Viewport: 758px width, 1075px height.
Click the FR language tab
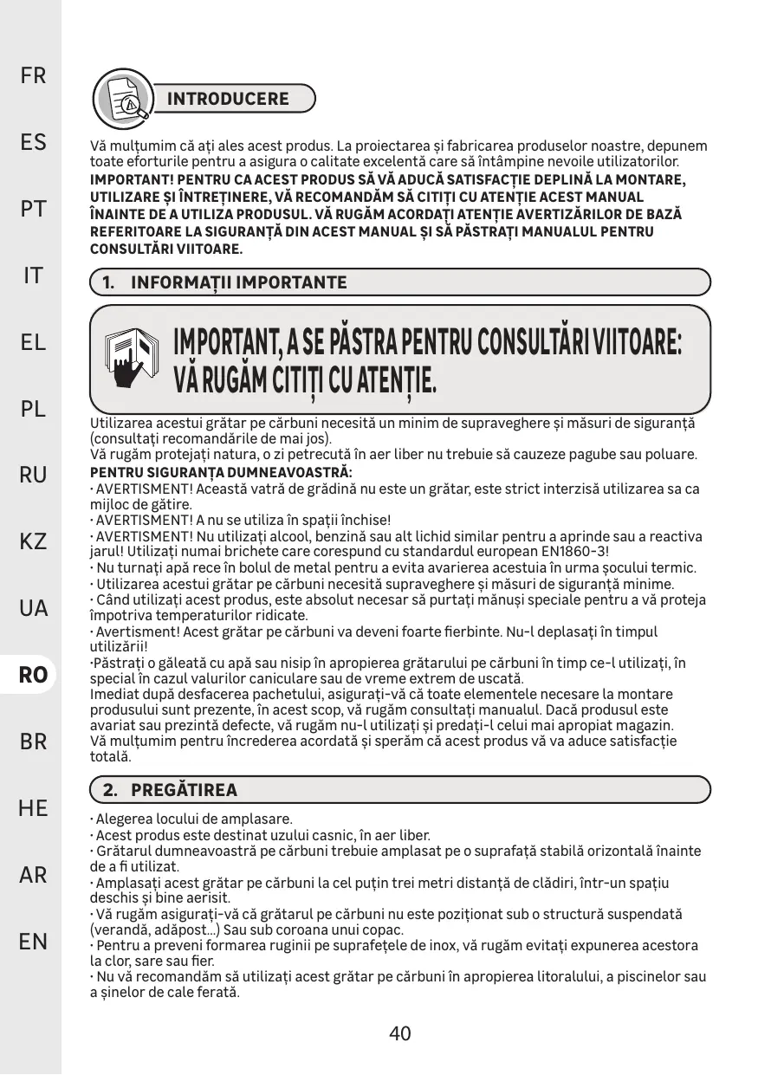(33, 75)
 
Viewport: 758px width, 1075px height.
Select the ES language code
(33, 142)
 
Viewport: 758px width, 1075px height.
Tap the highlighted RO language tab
(33, 675)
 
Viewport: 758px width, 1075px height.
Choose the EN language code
(33, 941)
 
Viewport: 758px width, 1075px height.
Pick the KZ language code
(33, 542)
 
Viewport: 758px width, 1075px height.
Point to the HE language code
(33, 808)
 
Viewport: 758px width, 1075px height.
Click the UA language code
(33, 608)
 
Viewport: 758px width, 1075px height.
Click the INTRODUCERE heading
(228, 99)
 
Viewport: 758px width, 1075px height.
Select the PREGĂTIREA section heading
(184, 790)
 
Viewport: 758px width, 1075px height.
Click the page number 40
(399, 1033)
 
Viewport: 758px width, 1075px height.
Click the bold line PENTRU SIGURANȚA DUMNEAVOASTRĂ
(222, 474)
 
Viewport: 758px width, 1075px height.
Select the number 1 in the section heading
(107, 283)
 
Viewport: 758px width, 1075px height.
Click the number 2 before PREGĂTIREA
(109, 790)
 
